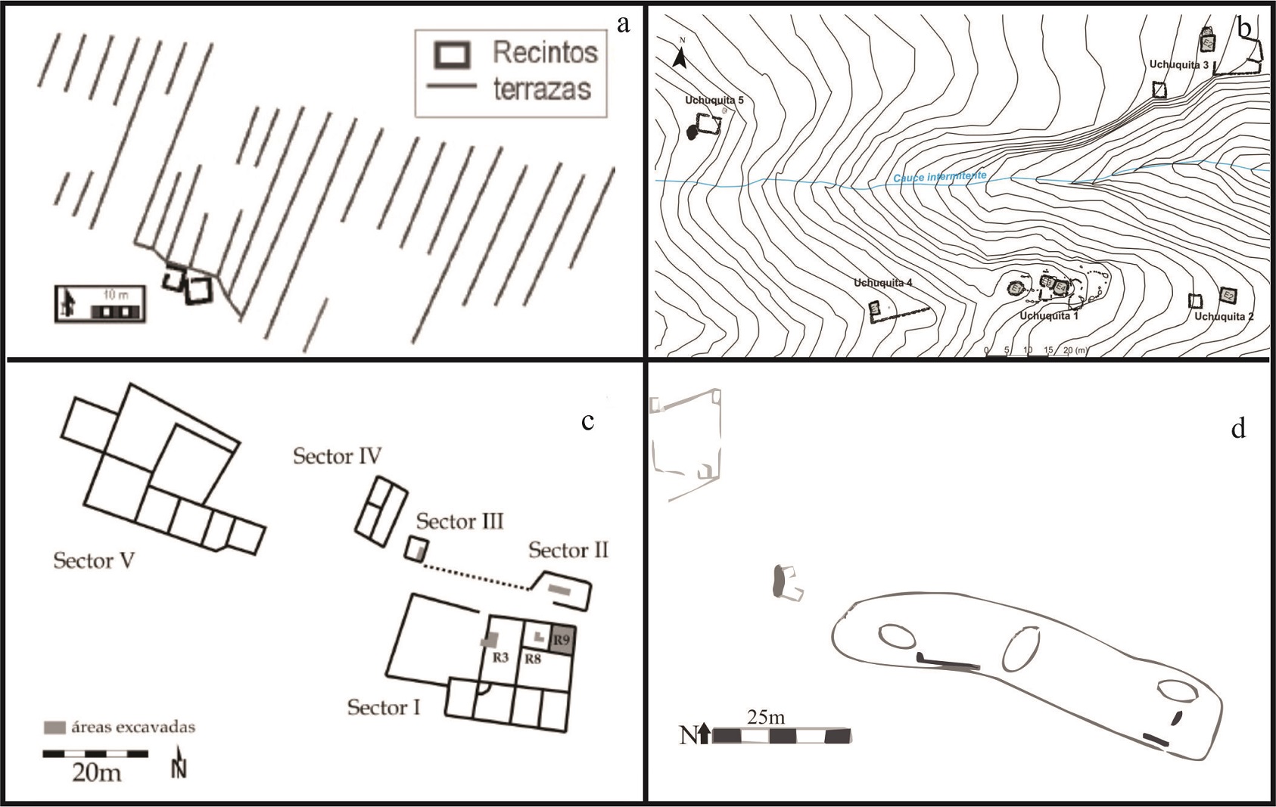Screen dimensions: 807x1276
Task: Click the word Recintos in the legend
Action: [545, 52]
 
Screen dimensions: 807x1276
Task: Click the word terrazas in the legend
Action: [542, 89]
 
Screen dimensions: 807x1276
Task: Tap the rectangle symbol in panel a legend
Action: [452, 54]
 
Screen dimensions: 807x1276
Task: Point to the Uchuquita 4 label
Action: [883, 284]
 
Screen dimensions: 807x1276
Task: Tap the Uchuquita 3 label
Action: [1179, 65]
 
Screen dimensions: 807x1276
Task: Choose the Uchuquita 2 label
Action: [1224, 316]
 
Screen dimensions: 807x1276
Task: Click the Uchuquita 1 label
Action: [1049, 315]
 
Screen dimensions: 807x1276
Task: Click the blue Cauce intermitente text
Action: [940, 178]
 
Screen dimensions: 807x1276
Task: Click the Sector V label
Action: [93, 561]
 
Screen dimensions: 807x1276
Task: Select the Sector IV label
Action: [338, 456]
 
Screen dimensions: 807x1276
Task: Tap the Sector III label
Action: [459, 521]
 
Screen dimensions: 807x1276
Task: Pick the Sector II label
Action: [568, 550]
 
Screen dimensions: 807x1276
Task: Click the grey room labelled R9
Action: [562, 640]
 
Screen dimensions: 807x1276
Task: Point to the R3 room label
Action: [500, 657]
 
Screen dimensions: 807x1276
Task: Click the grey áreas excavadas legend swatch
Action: [54, 728]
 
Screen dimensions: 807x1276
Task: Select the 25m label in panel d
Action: [766, 717]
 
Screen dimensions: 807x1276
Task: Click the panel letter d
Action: [1238, 429]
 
